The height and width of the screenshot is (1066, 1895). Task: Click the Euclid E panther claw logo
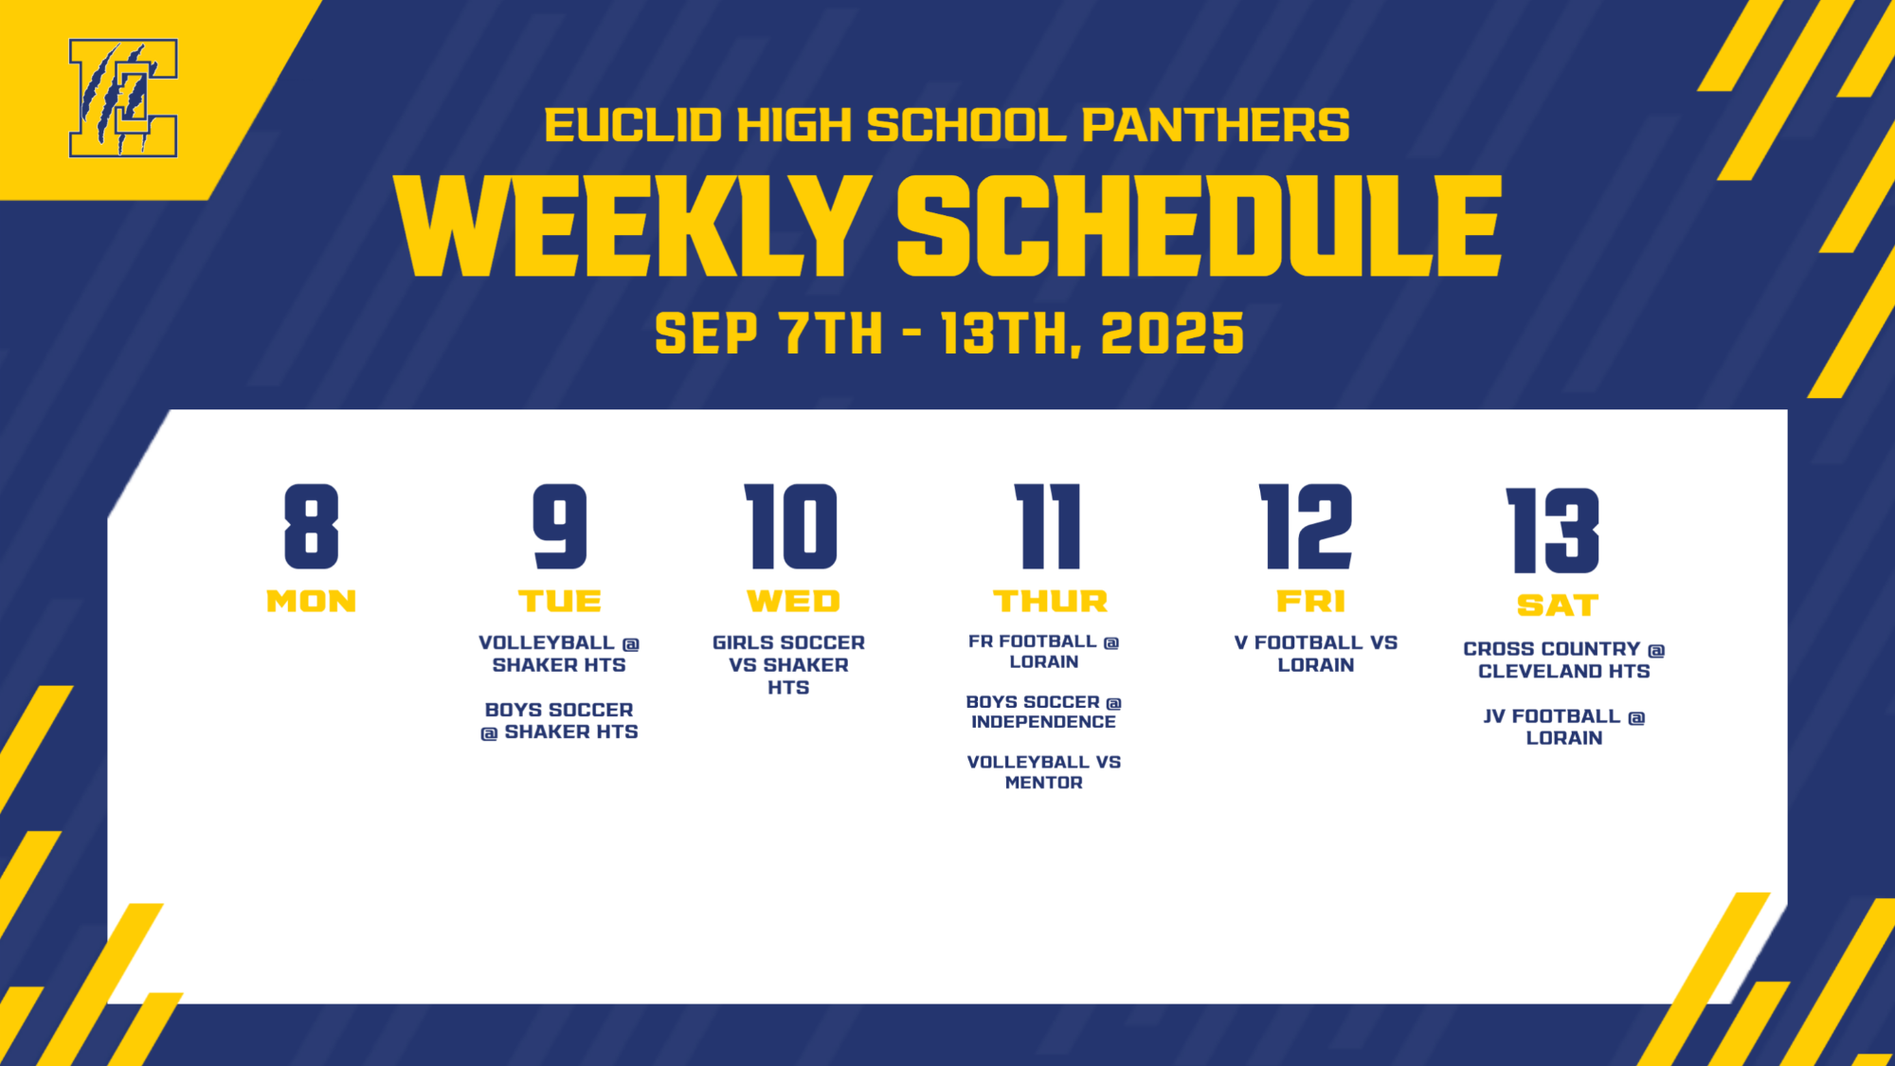tap(123, 98)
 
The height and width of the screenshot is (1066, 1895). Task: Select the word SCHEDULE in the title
tap(1199, 227)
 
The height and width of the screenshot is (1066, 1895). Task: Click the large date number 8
tap(311, 527)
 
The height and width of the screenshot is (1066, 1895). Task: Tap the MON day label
tap(311, 602)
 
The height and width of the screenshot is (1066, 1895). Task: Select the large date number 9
tap(559, 527)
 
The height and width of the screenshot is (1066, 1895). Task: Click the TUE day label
tap(559, 602)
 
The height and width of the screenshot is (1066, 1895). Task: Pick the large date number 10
tap(791, 527)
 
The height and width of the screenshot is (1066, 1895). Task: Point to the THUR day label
tap(1050, 602)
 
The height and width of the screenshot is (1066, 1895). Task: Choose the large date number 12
tap(1306, 527)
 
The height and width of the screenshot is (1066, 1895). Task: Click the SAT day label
tap(1558, 605)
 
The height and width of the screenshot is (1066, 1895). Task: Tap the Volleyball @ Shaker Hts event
tap(559, 654)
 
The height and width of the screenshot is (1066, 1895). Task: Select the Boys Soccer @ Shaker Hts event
tap(559, 721)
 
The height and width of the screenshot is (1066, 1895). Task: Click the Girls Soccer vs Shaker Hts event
tap(788, 665)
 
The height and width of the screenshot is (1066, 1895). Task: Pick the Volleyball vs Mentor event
tap(1043, 772)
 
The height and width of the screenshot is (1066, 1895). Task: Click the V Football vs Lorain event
tap(1315, 654)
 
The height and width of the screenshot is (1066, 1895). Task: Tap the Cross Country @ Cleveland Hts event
tap(1563, 660)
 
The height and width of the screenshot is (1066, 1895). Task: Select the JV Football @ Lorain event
tap(1563, 727)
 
